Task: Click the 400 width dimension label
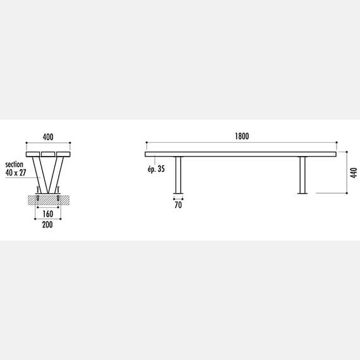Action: point(48,137)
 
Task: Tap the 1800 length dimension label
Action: point(242,136)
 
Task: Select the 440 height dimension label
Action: point(354,172)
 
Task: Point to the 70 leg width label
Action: point(178,205)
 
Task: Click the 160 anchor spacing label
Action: point(48,214)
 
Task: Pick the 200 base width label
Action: point(47,225)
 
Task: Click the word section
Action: point(15,164)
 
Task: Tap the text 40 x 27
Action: point(16,172)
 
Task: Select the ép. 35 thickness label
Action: point(156,169)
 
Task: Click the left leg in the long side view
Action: point(178,175)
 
